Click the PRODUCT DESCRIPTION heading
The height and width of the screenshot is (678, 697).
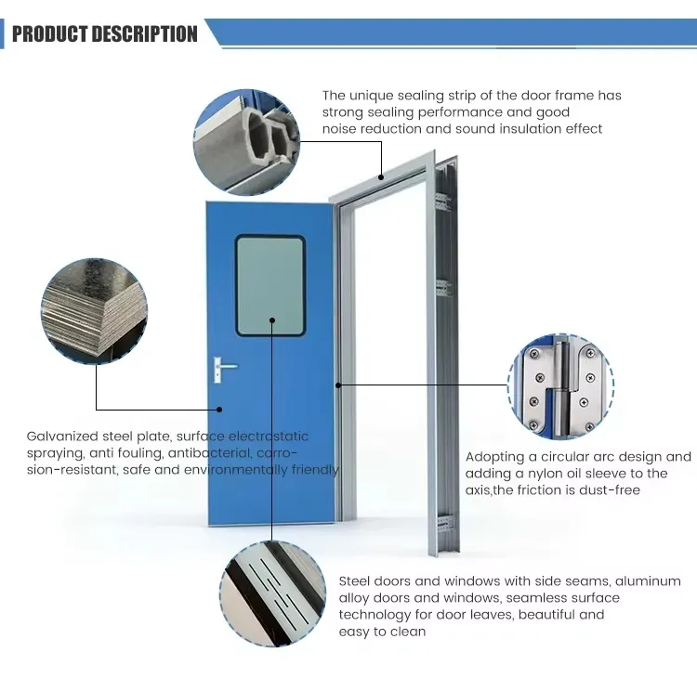(105, 34)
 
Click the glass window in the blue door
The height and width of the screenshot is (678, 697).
(270, 286)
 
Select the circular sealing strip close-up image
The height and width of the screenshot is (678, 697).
(246, 142)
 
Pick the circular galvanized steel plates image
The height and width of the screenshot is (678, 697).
(94, 311)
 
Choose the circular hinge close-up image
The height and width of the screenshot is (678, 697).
(560, 386)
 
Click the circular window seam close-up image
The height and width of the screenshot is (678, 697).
(273, 593)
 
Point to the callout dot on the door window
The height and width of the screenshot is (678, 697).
(272, 319)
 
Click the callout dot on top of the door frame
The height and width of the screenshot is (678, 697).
(381, 177)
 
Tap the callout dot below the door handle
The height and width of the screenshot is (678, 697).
(219, 410)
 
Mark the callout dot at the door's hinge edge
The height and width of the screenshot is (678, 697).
(338, 385)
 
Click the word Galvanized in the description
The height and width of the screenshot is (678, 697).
(62, 437)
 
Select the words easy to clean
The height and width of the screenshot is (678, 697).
(382, 632)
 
